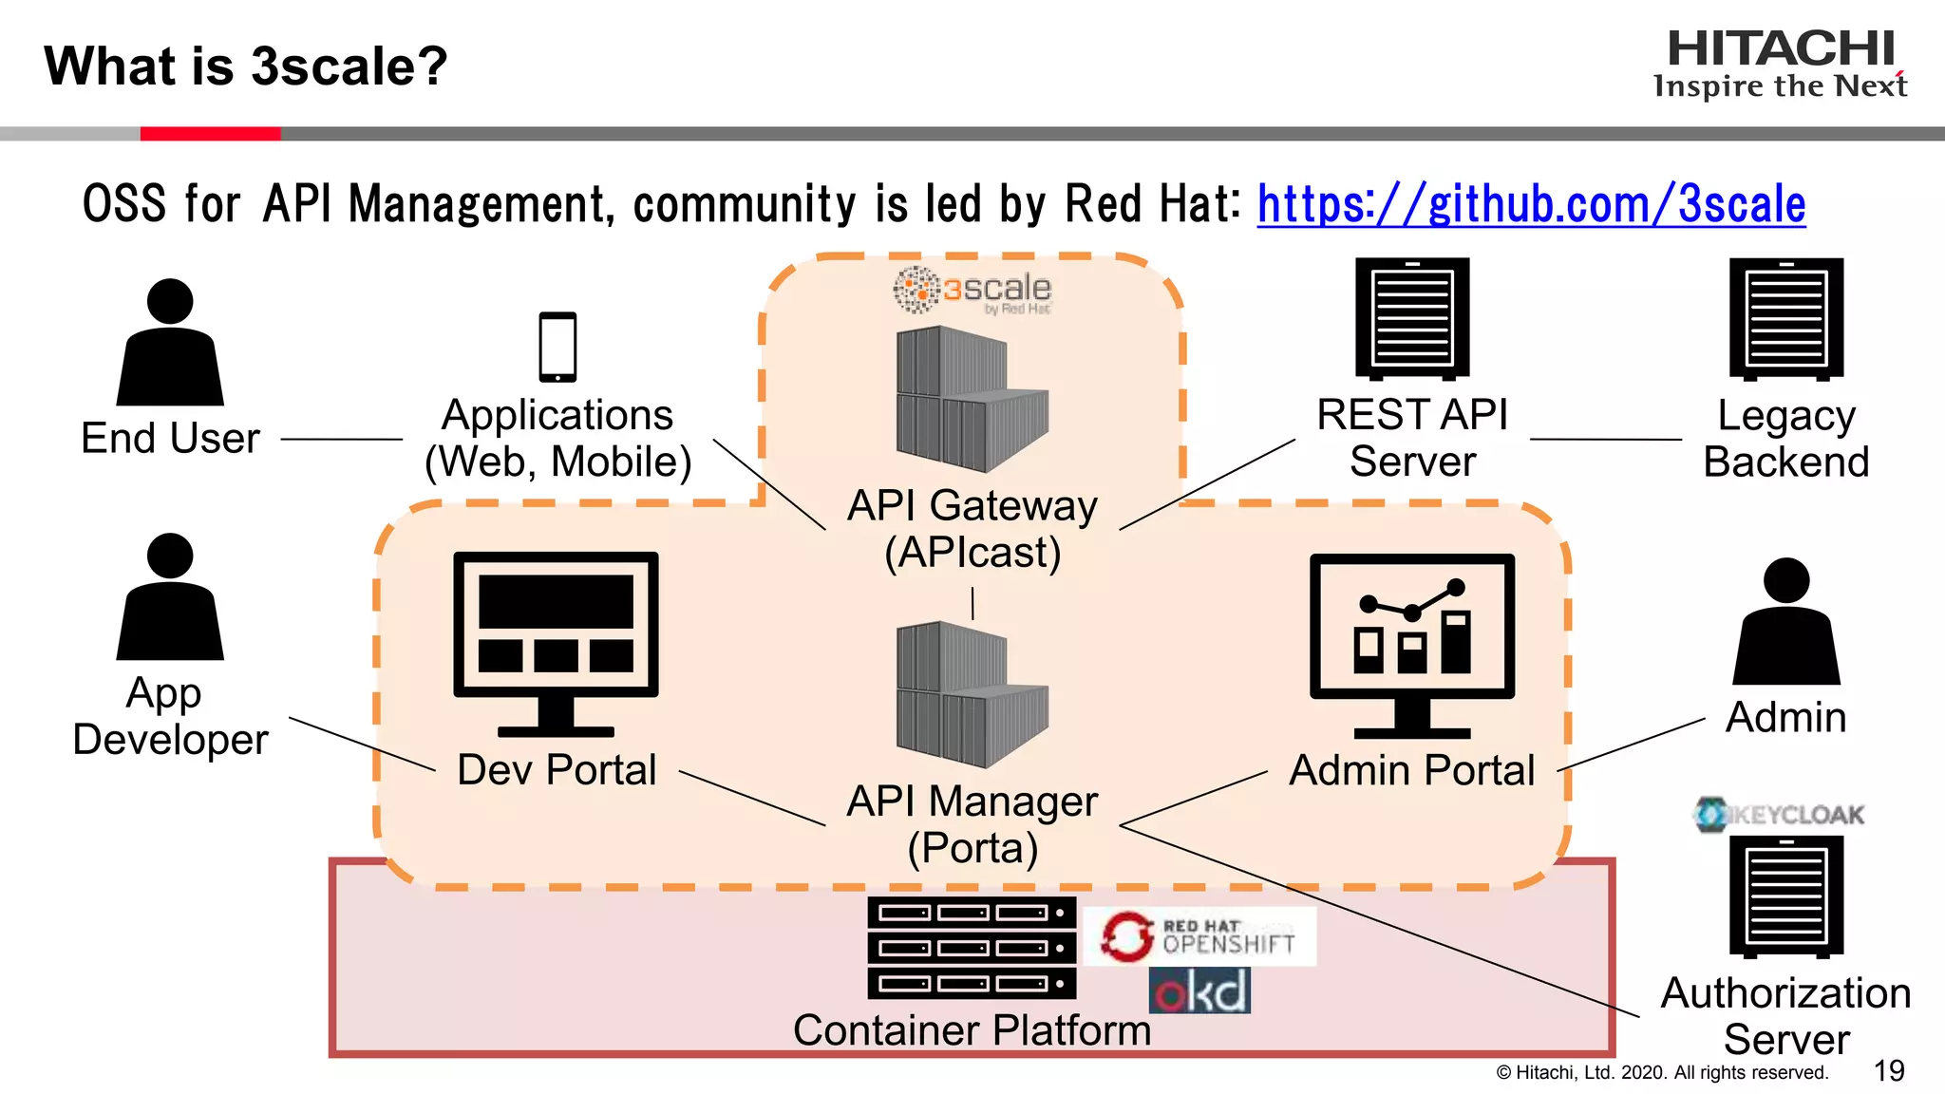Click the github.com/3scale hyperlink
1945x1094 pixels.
click(1531, 204)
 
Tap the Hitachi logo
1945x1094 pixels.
click(1781, 63)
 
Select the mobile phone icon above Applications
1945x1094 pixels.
click(557, 347)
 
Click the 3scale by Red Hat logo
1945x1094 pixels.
click(972, 290)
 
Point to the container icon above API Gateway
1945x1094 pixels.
click(972, 399)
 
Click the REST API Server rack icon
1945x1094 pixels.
click(1412, 318)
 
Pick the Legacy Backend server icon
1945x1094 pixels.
click(1786, 318)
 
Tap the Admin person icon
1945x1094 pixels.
click(1786, 621)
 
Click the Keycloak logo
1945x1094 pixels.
click(1780, 814)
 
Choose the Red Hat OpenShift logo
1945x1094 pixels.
click(1199, 936)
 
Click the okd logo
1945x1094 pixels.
click(1199, 990)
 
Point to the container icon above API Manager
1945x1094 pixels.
click(972, 694)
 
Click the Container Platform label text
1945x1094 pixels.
click(972, 1030)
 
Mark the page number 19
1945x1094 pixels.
click(1889, 1071)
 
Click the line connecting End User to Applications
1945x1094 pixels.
click(342, 440)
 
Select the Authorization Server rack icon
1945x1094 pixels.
click(1786, 896)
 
